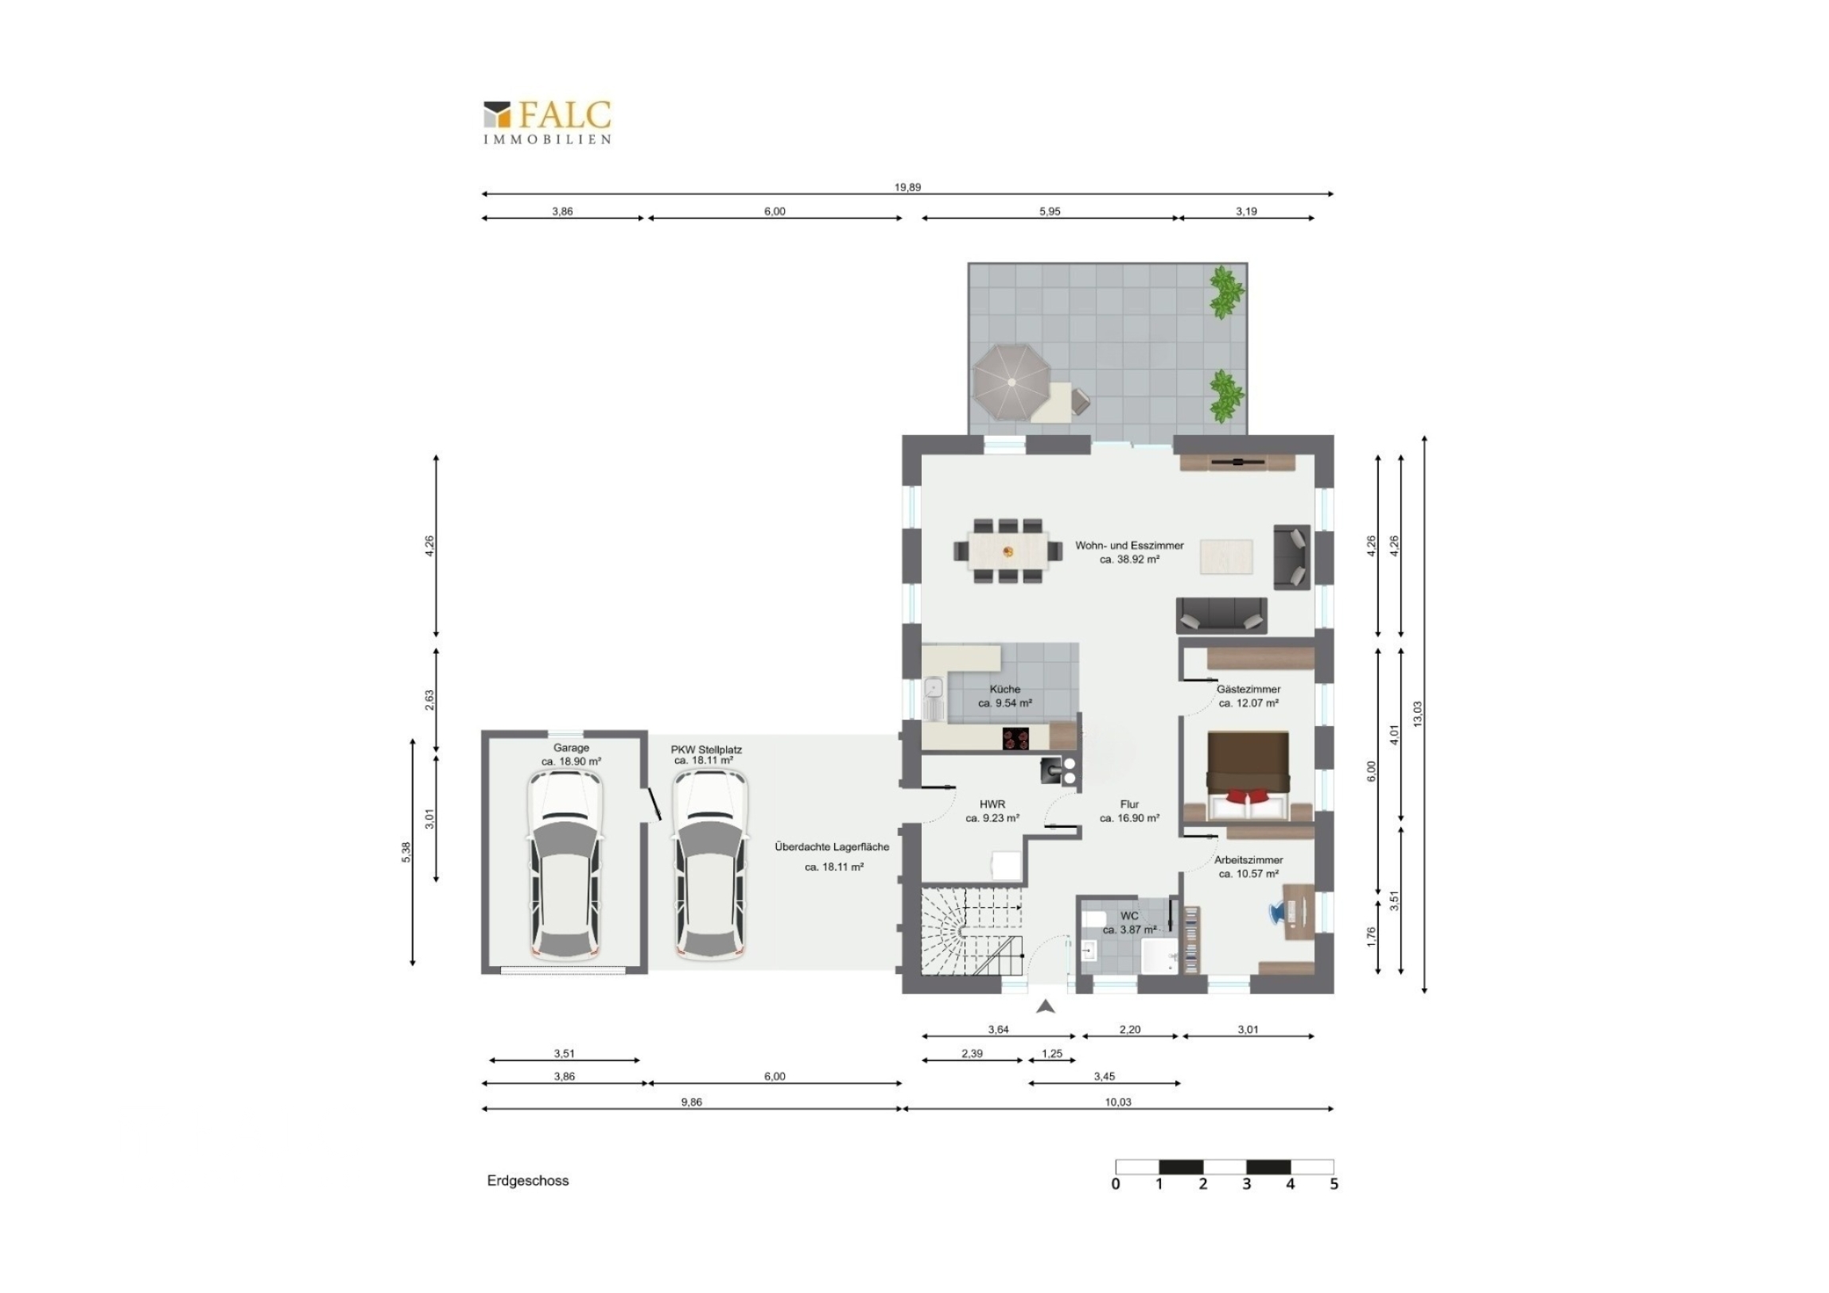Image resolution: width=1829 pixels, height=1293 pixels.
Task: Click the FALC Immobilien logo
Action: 547,122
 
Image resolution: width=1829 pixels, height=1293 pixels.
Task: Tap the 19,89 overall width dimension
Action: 907,187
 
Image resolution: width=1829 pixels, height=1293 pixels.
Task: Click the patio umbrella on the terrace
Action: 1012,382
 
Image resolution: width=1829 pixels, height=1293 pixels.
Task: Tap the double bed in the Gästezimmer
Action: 1248,776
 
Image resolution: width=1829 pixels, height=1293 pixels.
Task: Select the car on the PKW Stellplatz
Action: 710,865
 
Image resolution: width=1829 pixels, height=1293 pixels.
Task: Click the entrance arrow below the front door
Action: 1046,1007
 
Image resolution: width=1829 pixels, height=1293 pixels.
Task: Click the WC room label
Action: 1128,916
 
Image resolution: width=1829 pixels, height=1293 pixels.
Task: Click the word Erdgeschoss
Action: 528,1181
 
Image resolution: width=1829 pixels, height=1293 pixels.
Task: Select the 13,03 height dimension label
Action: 1416,714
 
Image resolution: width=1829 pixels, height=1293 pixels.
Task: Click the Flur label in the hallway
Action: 1128,804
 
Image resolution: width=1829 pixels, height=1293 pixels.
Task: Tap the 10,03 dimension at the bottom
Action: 1118,1102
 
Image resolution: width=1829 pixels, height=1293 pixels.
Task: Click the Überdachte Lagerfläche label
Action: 832,847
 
